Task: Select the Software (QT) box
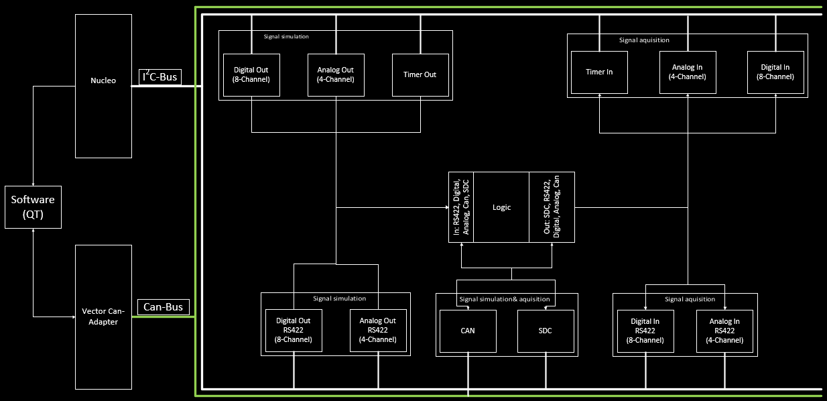pos(33,207)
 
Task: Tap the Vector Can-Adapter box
pos(103,317)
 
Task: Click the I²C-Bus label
pos(160,78)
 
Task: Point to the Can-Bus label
pos(163,308)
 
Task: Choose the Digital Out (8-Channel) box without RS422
pos(251,74)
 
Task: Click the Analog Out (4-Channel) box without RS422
pos(335,74)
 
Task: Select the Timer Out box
pos(420,74)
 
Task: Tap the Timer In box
pos(599,72)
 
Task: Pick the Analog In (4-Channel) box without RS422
pos(688,72)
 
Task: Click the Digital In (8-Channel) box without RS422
pos(776,72)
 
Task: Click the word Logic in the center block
pos(501,207)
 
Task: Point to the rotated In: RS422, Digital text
pos(462,207)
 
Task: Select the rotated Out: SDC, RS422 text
pos(552,207)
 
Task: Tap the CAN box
pos(467,331)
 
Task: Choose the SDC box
pos(546,331)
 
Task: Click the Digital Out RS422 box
pos(294,330)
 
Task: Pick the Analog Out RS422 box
pos(378,330)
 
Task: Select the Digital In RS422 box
pos(646,331)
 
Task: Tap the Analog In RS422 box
pos(724,331)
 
